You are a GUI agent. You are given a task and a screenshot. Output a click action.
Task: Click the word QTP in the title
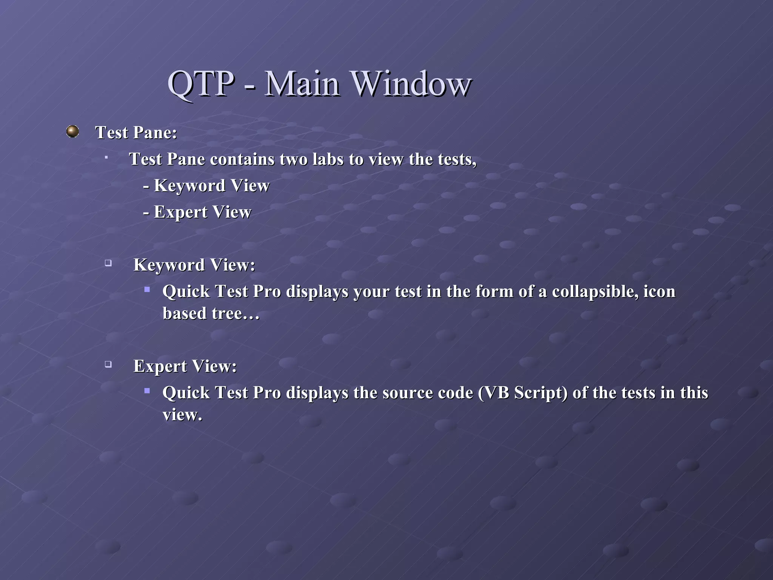(x=201, y=84)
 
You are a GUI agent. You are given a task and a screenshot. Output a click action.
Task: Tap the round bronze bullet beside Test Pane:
(x=72, y=131)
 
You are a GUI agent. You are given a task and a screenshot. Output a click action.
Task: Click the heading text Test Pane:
(x=136, y=133)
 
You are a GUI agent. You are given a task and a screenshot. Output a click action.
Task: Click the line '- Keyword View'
(x=206, y=186)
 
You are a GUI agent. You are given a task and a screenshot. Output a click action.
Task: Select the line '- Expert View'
(x=197, y=212)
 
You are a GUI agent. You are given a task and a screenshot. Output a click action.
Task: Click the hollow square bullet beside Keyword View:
(x=108, y=263)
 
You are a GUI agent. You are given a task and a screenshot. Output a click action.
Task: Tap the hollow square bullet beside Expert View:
(x=108, y=364)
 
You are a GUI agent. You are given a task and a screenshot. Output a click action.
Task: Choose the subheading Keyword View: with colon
(x=194, y=265)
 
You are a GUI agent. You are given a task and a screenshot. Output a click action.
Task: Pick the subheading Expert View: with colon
(x=185, y=366)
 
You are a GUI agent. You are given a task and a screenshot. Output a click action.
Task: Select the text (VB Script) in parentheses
(x=523, y=393)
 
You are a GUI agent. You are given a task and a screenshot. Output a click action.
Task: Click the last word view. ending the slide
(x=182, y=415)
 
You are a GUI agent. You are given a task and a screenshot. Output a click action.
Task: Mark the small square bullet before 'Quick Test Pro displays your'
(x=147, y=290)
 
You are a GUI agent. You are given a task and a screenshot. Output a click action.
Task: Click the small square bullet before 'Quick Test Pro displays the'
(x=147, y=391)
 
